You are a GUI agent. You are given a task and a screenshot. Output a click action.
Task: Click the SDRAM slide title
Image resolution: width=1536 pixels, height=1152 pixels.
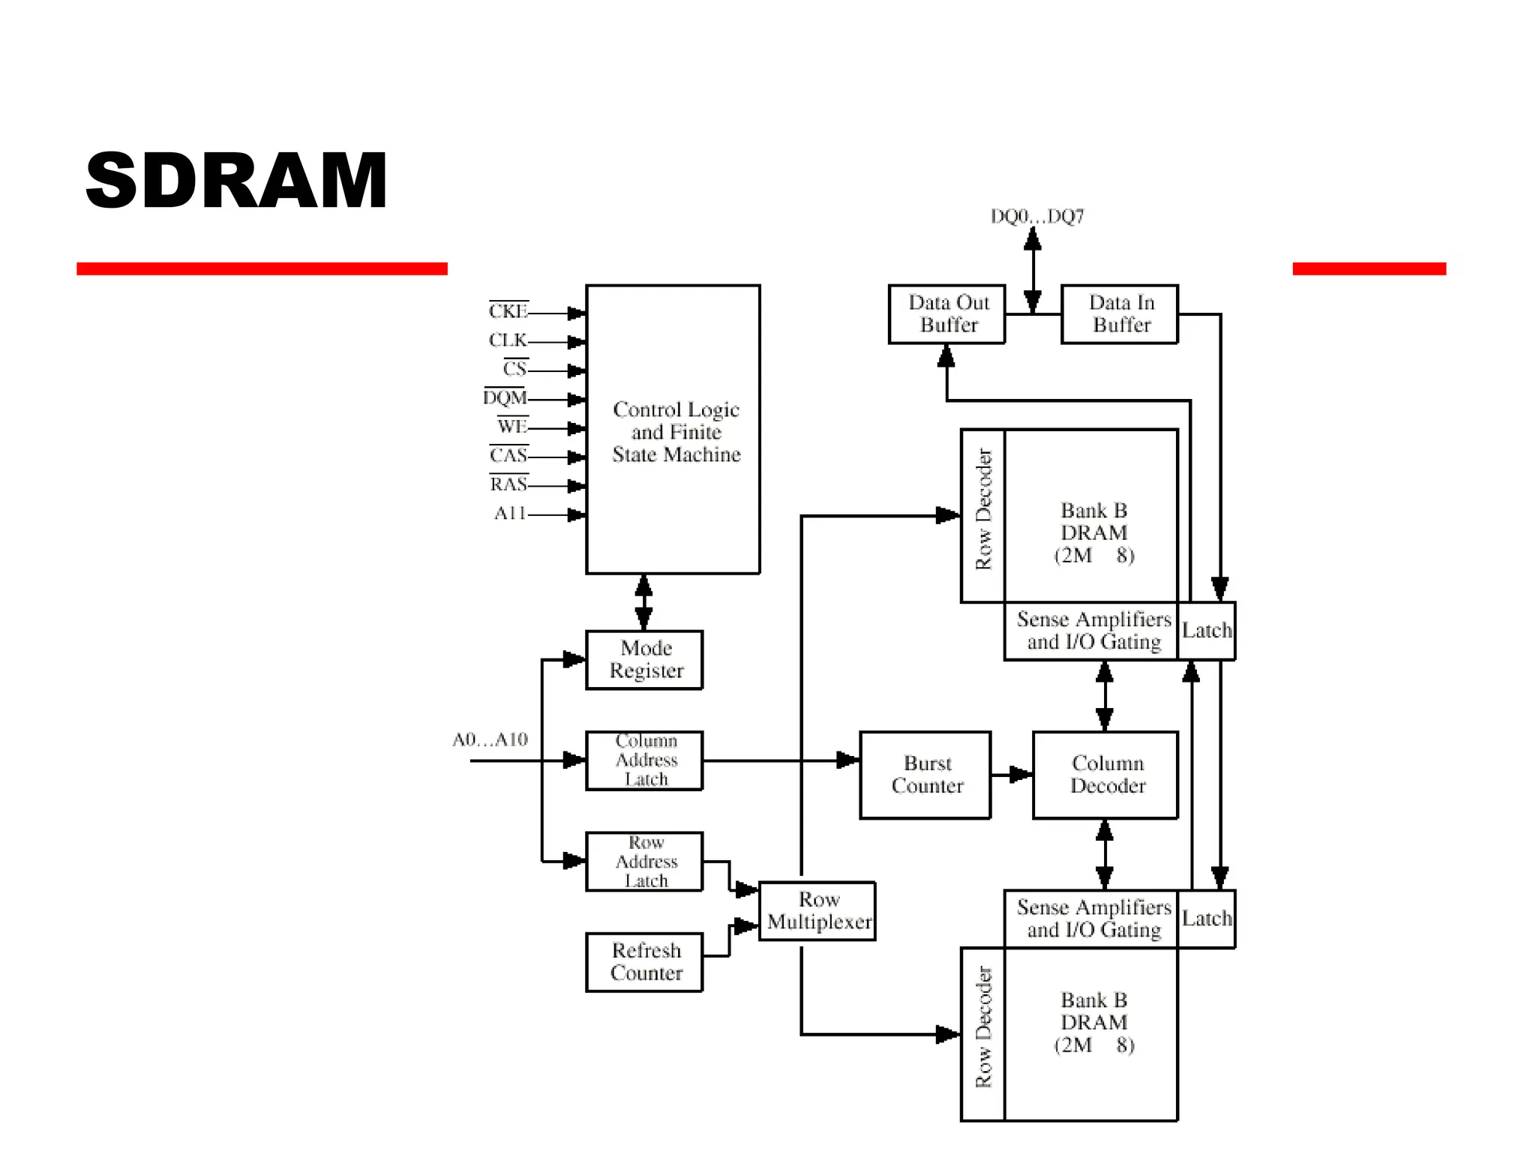pyautogui.click(x=236, y=180)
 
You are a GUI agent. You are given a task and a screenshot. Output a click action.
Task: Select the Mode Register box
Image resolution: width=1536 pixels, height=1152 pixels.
pyautogui.click(x=644, y=659)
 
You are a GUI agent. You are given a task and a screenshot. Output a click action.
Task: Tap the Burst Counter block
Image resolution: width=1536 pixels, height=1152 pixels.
pyautogui.click(x=925, y=775)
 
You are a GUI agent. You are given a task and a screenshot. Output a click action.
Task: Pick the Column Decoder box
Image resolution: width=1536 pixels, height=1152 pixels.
pyautogui.click(x=1105, y=775)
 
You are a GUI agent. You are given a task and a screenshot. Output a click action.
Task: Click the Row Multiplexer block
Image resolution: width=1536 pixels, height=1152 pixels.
pyautogui.click(x=817, y=910)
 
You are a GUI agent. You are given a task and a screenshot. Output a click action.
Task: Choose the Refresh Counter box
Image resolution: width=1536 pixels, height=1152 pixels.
pyautogui.click(x=644, y=962)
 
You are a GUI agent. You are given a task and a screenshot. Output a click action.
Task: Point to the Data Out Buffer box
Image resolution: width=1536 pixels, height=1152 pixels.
pyautogui.click(x=947, y=314)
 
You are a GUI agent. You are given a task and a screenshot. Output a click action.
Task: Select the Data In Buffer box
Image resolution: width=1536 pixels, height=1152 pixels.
pyautogui.click(x=1120, y=314)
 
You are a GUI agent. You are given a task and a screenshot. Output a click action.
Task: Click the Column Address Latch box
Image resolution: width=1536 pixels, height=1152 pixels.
pyautogui.click(x=644, y=760)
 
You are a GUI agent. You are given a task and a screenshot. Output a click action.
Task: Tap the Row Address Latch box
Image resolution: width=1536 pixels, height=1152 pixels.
pyautogui.click(x=644, y=861)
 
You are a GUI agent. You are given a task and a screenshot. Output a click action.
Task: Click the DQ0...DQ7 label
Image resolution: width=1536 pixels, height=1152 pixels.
pyautogui.click(x=1037, y=217)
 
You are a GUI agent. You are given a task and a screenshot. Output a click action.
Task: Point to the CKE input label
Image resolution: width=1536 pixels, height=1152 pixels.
pyautogui.click(x=508, y=311)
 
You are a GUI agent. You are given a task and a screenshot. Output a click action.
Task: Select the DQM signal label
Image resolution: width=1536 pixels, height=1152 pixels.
pyautogui.click(x=505, y=397)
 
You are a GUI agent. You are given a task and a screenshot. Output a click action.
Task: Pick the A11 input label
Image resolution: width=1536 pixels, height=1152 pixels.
pyautogui.click(x=509, y=514)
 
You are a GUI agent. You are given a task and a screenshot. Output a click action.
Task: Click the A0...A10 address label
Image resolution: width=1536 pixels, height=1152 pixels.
pyautogui.click(x=490, y=740)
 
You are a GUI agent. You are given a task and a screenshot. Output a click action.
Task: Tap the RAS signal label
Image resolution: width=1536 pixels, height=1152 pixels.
pyautogui.click(x=508, y=484)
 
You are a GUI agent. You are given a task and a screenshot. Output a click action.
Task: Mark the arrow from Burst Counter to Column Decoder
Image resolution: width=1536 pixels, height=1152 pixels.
pyautogui.click(x=1012, y=775)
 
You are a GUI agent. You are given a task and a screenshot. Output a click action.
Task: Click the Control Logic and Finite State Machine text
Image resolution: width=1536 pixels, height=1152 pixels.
pyautogui.click(x=676, y=432)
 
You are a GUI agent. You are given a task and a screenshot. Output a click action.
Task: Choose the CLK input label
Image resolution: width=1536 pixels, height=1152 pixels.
pyautogui.click(x=508, y=340)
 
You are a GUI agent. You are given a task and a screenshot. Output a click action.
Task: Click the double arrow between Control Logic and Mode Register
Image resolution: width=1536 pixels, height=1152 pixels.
pyautogui.click(x=643, y=602)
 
